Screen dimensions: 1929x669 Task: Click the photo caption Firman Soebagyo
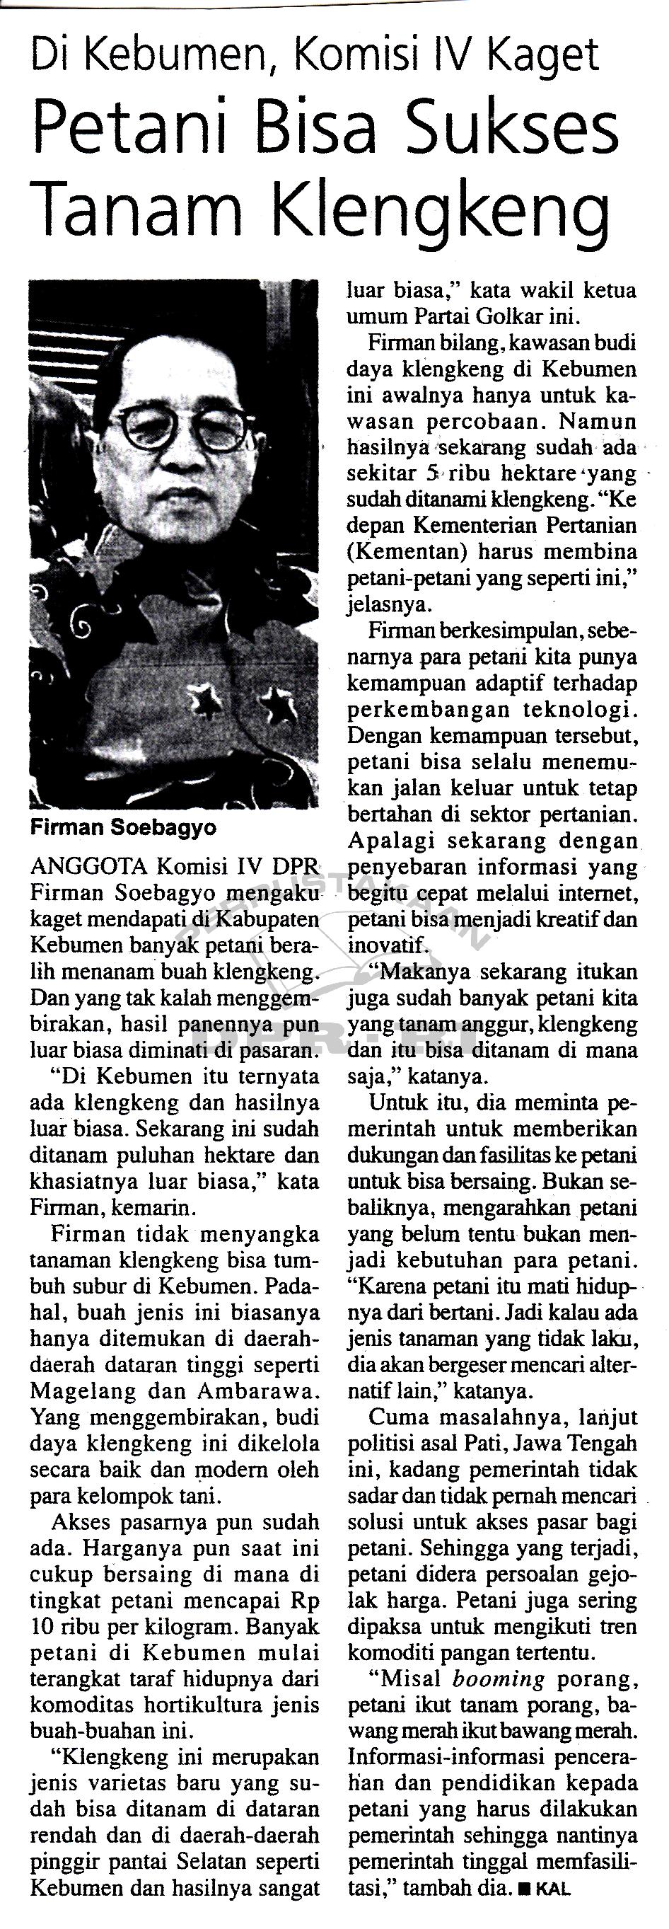pos(124,827)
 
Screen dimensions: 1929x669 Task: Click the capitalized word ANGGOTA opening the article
pos(89,867)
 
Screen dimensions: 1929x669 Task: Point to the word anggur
pos(496,1024)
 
